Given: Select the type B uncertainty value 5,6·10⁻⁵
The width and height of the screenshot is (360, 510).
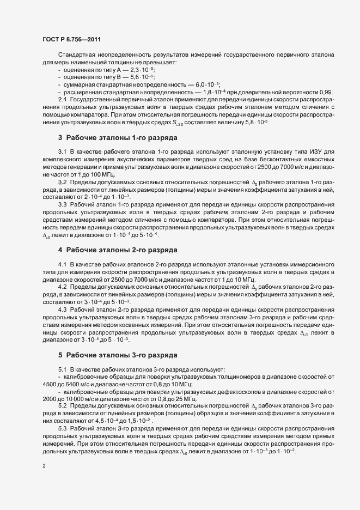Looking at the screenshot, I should [141, 78].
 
